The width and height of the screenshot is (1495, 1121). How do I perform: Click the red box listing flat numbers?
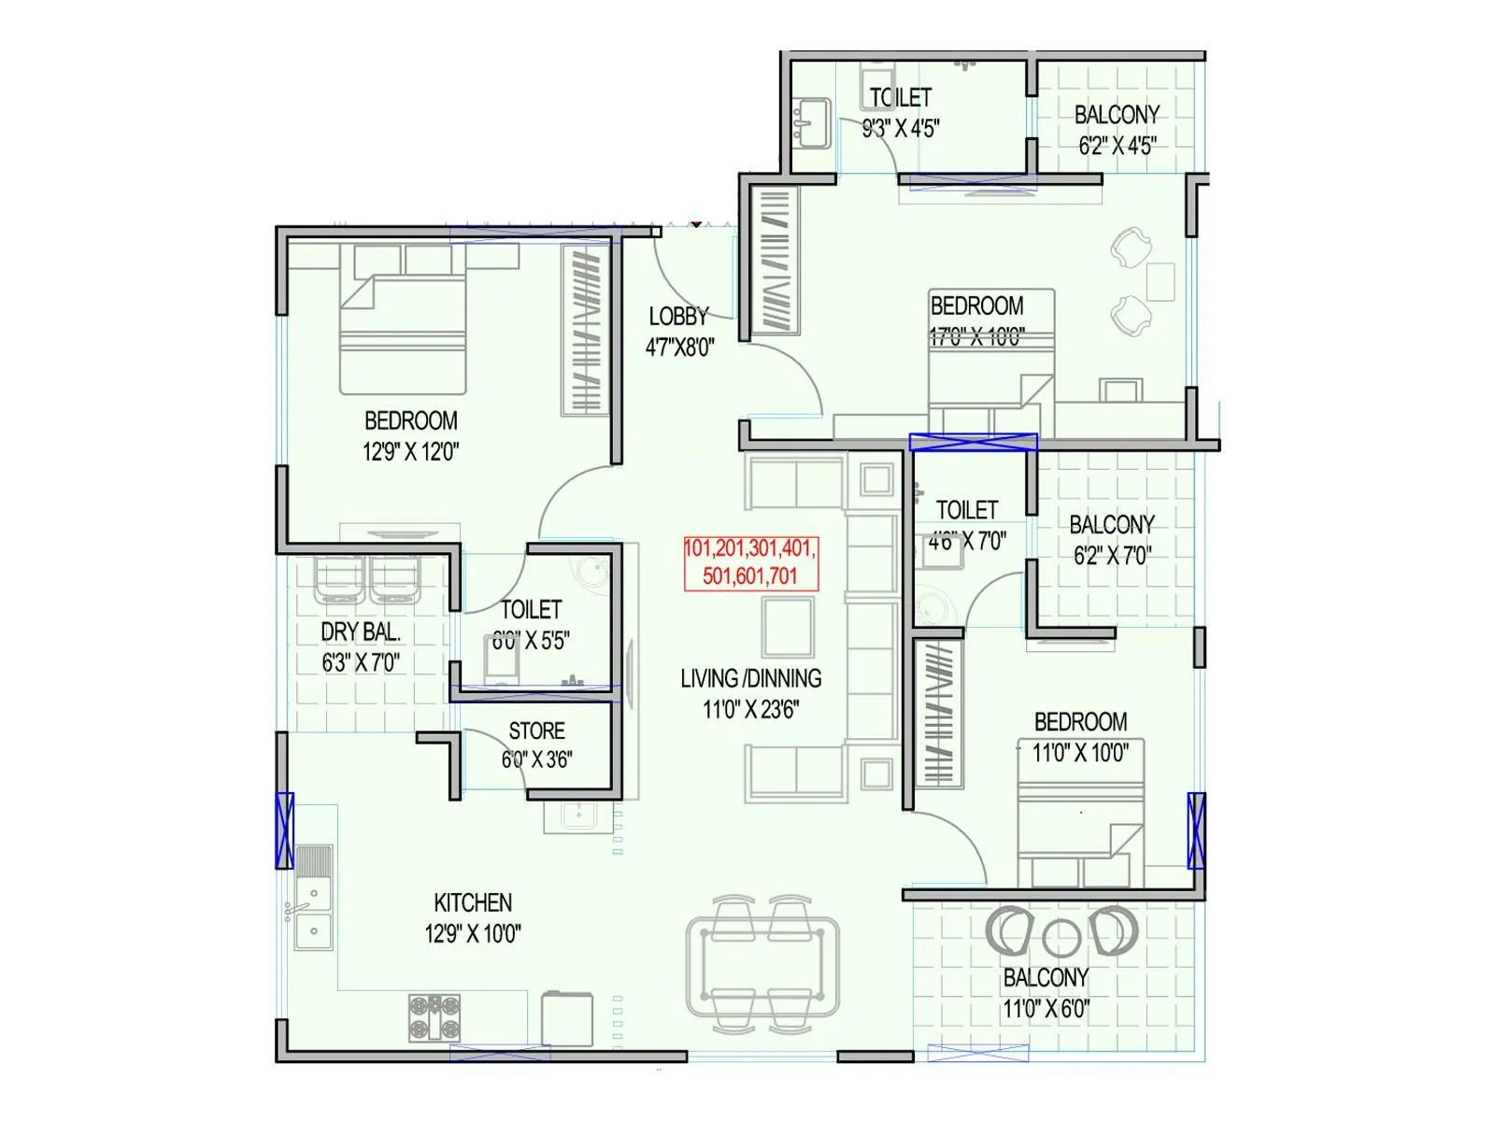click(750, 562)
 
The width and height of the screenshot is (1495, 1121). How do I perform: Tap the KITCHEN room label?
click(473, 902)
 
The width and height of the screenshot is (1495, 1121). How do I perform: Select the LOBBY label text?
click(678, 317)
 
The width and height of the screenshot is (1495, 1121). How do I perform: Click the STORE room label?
click(536, 731)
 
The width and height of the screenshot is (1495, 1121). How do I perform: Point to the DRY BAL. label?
click(361, 632)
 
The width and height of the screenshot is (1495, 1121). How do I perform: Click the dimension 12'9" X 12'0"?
click(410, 452)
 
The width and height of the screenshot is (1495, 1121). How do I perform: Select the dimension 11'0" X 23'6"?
click(750, 710)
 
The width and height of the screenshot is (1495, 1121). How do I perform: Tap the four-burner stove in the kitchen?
click(434, 1017)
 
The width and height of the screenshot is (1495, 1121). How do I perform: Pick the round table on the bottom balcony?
click(1061, 938)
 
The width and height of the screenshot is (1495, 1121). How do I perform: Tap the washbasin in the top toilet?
click(810, 122)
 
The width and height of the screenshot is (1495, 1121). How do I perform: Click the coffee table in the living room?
click(788, 628)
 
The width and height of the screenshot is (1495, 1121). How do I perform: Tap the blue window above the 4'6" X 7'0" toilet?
click(973, 442)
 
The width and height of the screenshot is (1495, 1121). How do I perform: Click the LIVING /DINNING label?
click(750, 679)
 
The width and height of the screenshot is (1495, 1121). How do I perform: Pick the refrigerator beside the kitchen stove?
click(567, 1018)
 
